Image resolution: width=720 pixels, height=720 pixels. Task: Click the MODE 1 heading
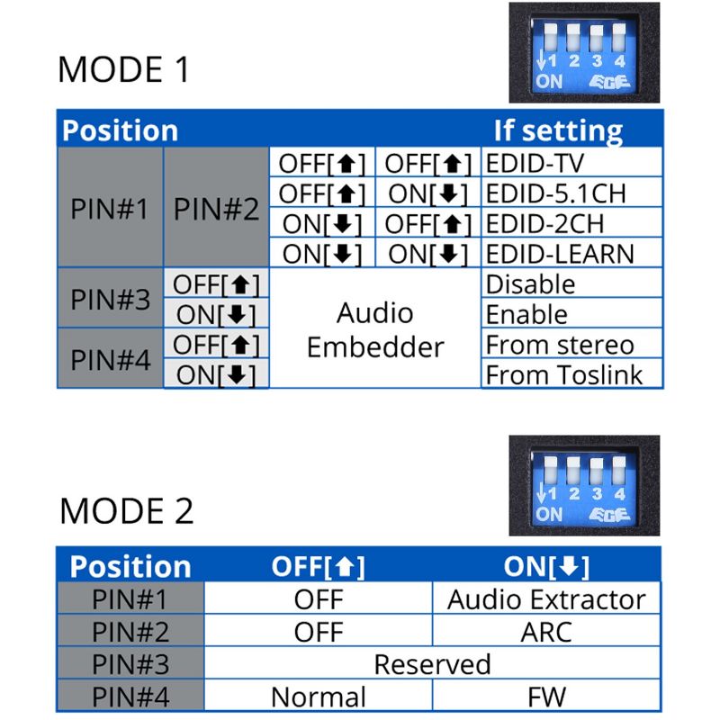click(124, 69)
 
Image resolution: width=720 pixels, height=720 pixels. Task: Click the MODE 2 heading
click(126, 510)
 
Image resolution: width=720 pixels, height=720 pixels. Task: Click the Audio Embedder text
click(375, 329)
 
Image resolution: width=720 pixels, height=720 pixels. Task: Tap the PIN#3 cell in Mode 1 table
click(110, 299)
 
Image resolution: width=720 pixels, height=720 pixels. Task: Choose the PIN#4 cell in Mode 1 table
click(110, 359)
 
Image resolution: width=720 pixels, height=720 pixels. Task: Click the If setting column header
click(558, 130)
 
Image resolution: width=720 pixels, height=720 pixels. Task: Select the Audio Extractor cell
click(546, 599)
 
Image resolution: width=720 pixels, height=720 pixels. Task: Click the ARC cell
click(546, 631)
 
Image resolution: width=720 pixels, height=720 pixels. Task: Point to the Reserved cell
click(432, 664)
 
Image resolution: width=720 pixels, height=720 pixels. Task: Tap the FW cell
click(546, 697)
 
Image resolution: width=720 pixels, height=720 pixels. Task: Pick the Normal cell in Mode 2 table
click(319, 697)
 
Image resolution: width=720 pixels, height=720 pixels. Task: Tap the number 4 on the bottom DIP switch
click(619, 493)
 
